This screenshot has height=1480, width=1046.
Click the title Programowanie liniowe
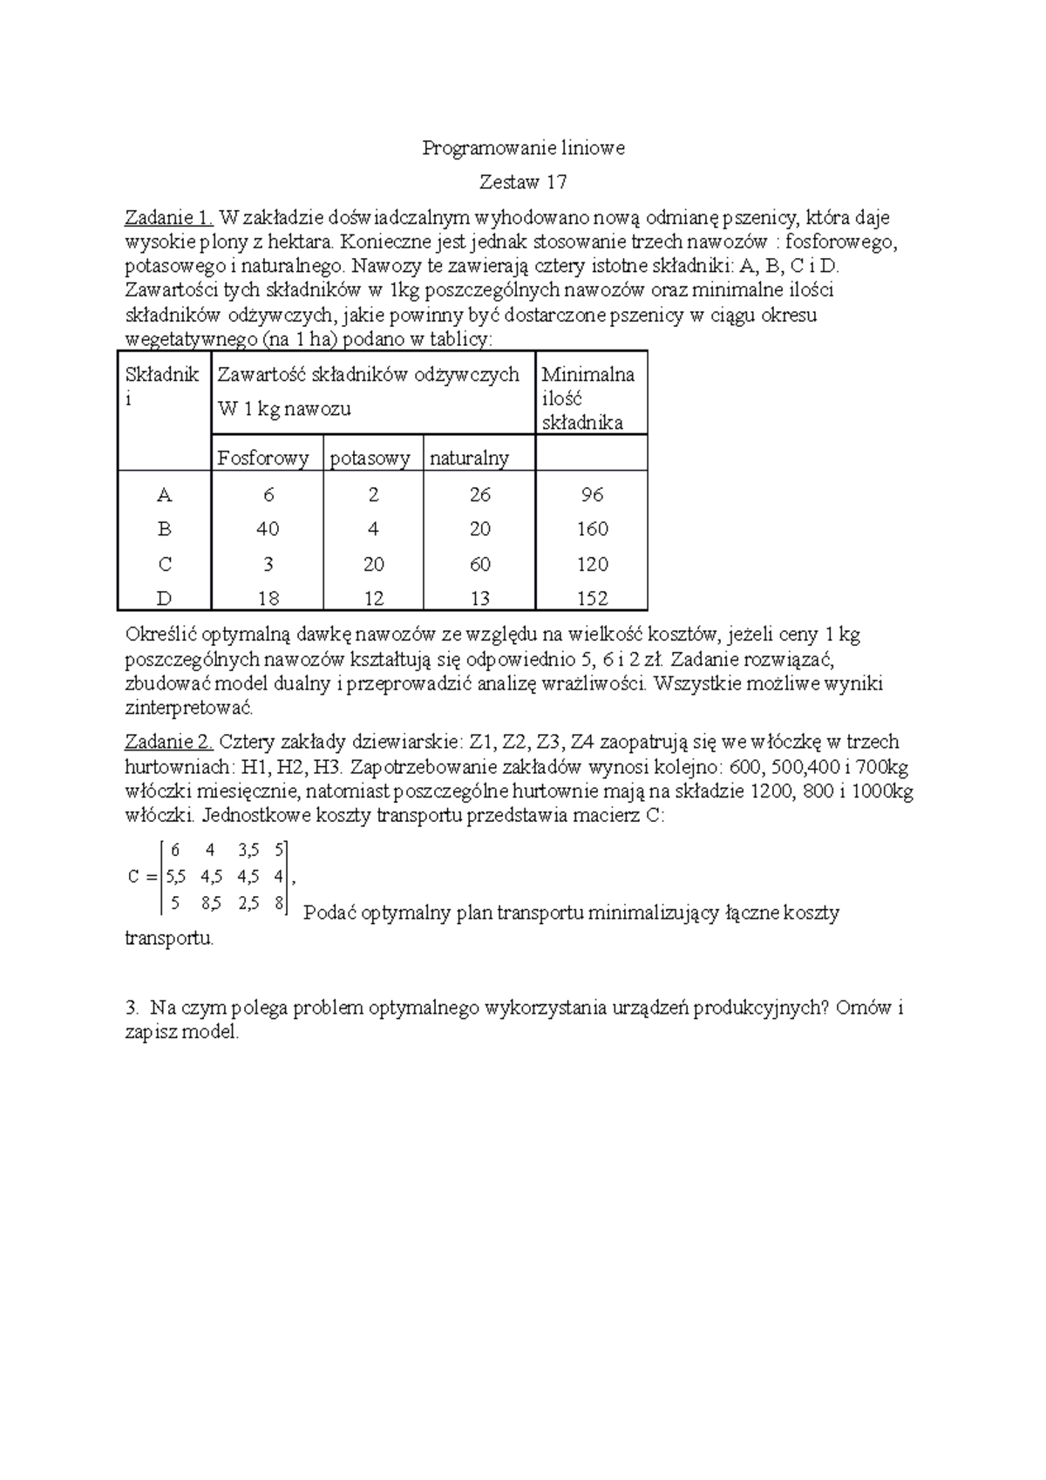tap(523, 148)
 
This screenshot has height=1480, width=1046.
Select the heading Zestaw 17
tap(523, 182)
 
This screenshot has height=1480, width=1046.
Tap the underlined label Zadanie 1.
tap(169, 217)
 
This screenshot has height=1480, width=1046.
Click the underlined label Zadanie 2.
tap(169, 742)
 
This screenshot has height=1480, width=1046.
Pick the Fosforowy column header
tap(263, 458)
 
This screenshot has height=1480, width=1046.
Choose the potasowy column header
tap(370, 459)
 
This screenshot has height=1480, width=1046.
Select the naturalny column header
tap(469, 458)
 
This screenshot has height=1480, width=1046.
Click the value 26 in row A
tap(479, 495)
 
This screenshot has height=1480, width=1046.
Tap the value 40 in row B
tap(268, 529)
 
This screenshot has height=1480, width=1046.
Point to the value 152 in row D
tap(592, 599)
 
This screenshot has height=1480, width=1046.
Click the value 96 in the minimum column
tap(592, 495)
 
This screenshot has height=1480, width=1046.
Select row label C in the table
tap(165, 564)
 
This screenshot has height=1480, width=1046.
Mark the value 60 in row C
tap(479, 564)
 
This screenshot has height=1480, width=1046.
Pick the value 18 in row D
tap(268, 599)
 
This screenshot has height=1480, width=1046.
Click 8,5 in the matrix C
tap(210, 904)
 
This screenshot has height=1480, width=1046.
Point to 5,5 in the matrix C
tap(175, 877)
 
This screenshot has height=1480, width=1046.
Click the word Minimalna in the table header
tap(588, 375)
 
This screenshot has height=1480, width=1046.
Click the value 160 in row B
tap(592, 529)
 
